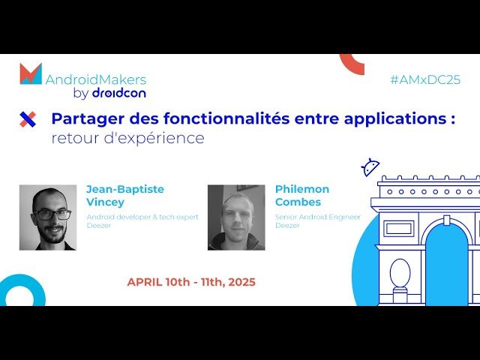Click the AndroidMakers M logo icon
point(31,73)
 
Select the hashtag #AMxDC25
point(424,79)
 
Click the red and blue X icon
point(28,118)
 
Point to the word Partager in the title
point(80,118)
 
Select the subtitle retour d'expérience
point(127,138)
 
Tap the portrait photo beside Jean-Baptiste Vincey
point(48,217)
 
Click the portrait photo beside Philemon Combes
point(236,217)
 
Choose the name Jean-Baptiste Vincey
point(124,195)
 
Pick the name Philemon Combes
point(302,195)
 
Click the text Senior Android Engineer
point(317,217)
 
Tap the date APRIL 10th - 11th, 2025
point(191,282)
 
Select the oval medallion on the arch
point(400,273)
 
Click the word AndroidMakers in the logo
point(96,79)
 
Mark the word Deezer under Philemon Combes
point(287,225)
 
